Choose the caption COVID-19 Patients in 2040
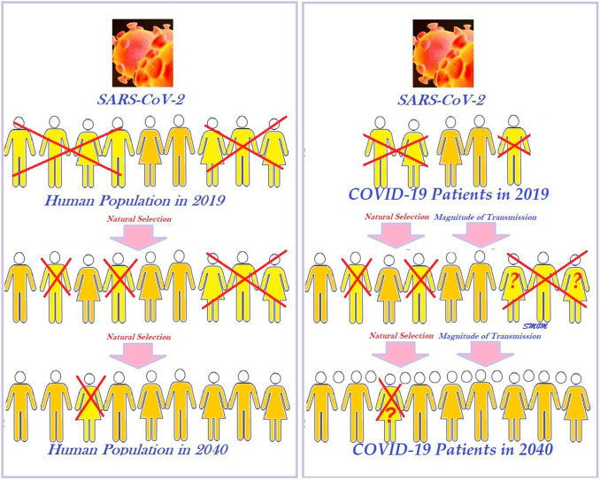click(x=452, y=449)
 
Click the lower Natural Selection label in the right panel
click(x=387, y=337)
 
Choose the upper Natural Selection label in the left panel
click(x=143, y=217)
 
